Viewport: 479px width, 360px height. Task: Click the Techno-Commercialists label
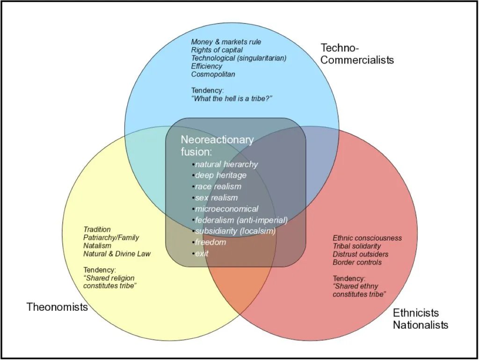click(357, 54)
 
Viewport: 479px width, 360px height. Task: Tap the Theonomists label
click(57, 307)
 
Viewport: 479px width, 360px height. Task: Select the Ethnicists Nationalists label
click(420, 319)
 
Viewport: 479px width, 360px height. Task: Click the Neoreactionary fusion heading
click(217, 145)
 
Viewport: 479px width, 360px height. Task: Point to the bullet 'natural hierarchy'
click(226, 164)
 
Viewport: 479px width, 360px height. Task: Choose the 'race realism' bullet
click(218, 186)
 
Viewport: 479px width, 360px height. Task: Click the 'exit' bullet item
click(202, 253)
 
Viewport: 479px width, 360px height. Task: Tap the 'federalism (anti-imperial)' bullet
click(241, 220)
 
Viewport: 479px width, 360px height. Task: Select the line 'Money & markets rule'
click(226, 42)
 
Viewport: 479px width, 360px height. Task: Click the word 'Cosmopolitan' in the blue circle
click(213, 74)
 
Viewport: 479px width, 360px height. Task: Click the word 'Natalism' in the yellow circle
click(97, 245)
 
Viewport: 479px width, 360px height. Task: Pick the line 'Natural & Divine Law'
click(117, 254)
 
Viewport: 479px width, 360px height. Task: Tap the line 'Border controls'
click(357, 262)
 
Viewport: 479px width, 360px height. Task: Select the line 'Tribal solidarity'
click(356, 246)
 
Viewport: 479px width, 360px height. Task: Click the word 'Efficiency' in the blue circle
click(206, 66)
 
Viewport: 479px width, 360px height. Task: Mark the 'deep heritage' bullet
click(220, 175)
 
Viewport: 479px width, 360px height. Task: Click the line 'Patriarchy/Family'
click(111, 237)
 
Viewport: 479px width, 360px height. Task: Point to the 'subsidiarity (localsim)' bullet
click(235, 231)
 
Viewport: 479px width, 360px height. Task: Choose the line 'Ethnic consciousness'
click(367, 238)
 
